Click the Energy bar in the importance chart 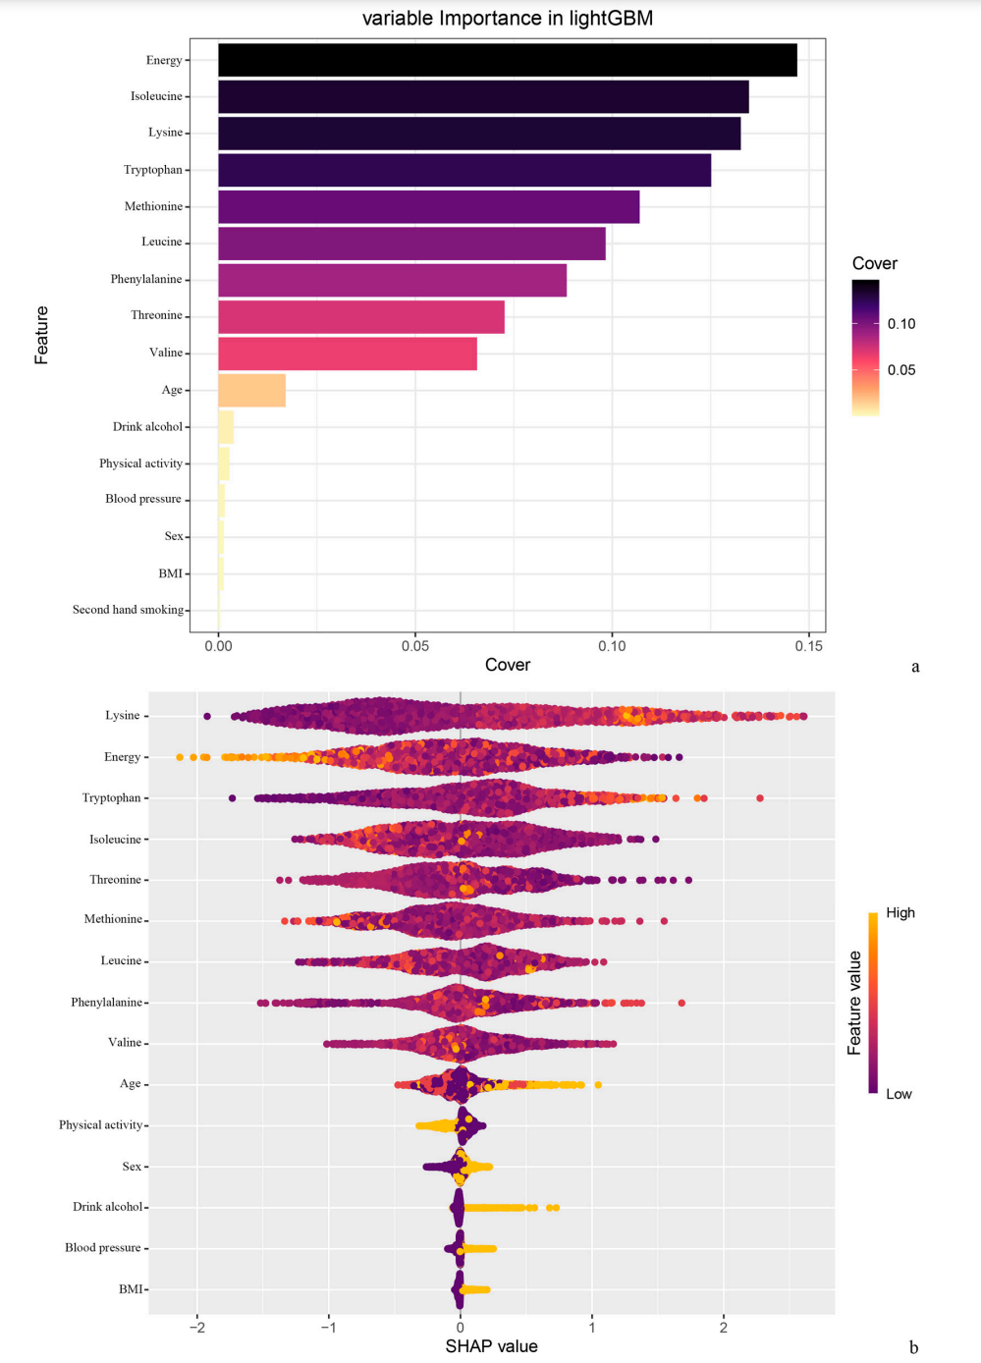pos(507,60)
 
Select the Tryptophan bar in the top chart pos(463,170)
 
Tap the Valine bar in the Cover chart pos(347,354)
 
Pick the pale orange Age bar pos(251,390)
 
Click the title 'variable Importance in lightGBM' pos(507,19)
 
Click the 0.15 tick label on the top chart pos(809,645)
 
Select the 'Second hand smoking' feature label pos(128,610)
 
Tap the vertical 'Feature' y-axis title pos(41,335)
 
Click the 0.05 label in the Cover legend pos(901,370)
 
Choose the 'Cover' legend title pos(874,263)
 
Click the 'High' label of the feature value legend pos(899,912)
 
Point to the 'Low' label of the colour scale pos(899,1094)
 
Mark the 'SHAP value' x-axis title pos(491,1345)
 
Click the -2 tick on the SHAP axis pos(197,1328)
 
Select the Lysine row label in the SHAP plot pos(123,715)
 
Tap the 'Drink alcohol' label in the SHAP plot pos(107,1207)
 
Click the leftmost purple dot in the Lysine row pos(206,716)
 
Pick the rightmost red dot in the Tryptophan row pos(760,798)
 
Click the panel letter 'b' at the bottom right pos(913,1347)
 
